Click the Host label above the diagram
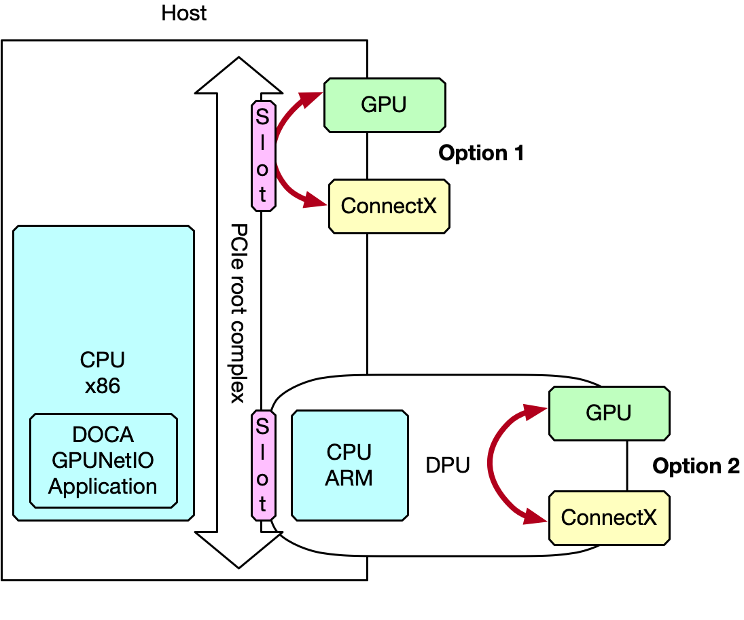click(x=184, y=14)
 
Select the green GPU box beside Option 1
click(x=385, y=105)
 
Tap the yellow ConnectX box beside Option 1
click(x=389, y=206)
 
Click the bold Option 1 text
click(x=481, y=153)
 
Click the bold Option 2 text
click(x=695, y=467)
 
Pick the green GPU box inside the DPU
click(x=609, y=413)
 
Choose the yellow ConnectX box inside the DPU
click(x=609, y=518)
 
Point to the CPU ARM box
click(x=349, y=465)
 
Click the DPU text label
click(x=447, y=466)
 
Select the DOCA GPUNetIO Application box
click(x=103, y=461)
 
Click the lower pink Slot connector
click(x=263, y=466)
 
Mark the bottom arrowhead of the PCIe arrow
click(x=238, y=551)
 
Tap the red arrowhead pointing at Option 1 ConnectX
click(x=315, y=201)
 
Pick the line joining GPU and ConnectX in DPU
click(x=626, y=466)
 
